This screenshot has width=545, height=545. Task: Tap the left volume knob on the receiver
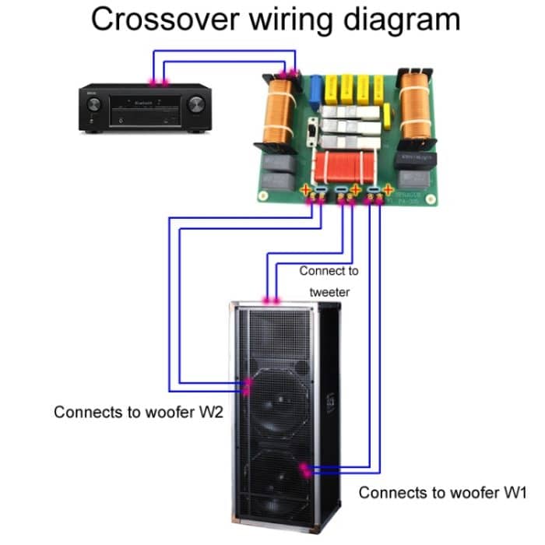click(95, 104)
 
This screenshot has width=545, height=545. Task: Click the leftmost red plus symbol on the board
click(305, 189)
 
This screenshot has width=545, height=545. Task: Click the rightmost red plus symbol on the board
click(388, 189)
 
